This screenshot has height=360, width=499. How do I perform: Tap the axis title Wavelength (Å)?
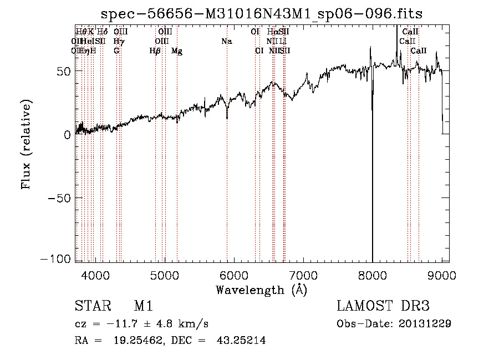coord(261,290)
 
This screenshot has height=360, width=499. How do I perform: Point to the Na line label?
coord(226,41)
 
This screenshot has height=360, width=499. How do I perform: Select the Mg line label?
coord(177,51)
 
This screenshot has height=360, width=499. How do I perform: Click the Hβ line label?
coord(155,51)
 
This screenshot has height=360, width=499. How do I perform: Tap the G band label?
coord(116,51)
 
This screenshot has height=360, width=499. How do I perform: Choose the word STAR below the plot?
coord(91,306)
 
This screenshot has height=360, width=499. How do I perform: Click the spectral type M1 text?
coord(143,306)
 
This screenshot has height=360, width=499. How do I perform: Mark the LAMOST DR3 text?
coord(383,306)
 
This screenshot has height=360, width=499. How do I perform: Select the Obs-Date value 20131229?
coord(425,323)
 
